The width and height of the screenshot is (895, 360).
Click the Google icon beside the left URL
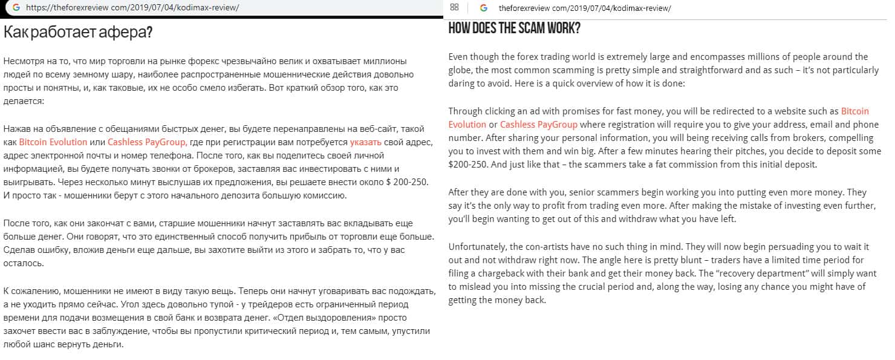click(16, 7)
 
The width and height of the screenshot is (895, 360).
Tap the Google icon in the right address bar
click(483, 7)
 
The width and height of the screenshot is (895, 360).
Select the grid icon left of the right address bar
click(455, 7)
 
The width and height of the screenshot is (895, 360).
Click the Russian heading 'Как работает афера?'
click(78, 33)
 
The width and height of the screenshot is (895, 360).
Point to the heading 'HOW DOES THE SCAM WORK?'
click(514, 28)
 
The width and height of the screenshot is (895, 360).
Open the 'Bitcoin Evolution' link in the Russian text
click(53, 142)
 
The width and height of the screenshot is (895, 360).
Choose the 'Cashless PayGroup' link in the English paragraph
click(539, 125)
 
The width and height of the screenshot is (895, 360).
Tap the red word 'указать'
click(365, 142)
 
